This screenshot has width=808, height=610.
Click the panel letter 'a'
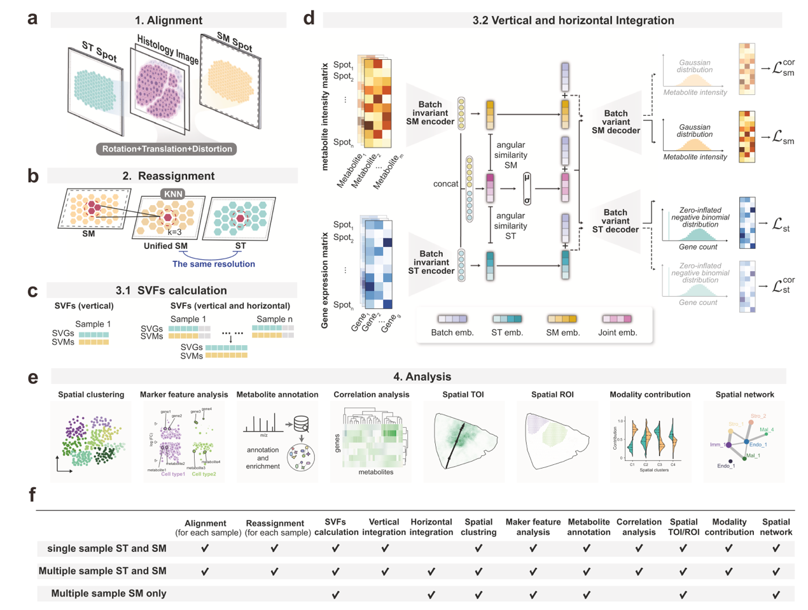(x=32, y=18)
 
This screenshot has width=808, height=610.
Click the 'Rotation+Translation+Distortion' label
(x=167, y=149)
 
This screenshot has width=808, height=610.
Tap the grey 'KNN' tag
(x=173, y=194)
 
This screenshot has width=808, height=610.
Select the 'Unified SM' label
(x=165, y=246)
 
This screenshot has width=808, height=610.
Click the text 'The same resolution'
(x=213, y=264)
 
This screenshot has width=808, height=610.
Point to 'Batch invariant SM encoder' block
(x=430, y=113)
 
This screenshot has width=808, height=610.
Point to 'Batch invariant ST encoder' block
(x=431, y=262)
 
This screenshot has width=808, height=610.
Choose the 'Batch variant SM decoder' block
(x=615, y=122)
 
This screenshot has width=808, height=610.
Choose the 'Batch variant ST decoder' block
(x=615, y=221)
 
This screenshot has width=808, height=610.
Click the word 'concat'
(x=445, y=184)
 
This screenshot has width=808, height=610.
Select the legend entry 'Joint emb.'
(x=617, y=332)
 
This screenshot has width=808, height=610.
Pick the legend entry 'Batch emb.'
(x=452, y=332)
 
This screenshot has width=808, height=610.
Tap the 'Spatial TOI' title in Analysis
(x=463, y=395)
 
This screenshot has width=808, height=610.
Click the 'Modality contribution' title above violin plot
(x=650, y=395)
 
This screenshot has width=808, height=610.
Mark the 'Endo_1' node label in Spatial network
(x=758, y=444)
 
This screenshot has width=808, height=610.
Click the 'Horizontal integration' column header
(x=431, y=527)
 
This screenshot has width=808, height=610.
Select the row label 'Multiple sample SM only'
(x=109, y=593)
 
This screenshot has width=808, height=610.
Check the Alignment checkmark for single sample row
(x=205, y=548)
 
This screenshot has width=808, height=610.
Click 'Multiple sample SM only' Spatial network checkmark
(x=776, y=595)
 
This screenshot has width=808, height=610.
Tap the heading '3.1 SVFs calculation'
(x=171, y=290)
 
